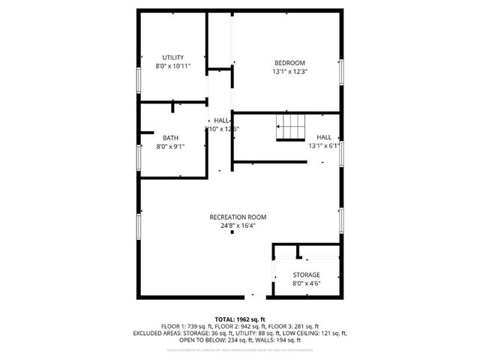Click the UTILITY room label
click(173, 58)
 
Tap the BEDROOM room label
click(289, 63)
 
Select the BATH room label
click(170, 137)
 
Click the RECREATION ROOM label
click(238, 217)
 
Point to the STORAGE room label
click(306, 275)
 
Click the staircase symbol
click(291, 128)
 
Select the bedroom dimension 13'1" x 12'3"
click(289, 72)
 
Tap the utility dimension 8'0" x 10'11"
click(173, 67)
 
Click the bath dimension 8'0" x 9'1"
click(170, 146)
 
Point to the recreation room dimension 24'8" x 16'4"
click(238, 226)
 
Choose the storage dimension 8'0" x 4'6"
click(306, 284)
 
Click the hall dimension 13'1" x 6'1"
click(325, 146)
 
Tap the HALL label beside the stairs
click(324, 137)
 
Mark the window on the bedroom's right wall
click(342, 72)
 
